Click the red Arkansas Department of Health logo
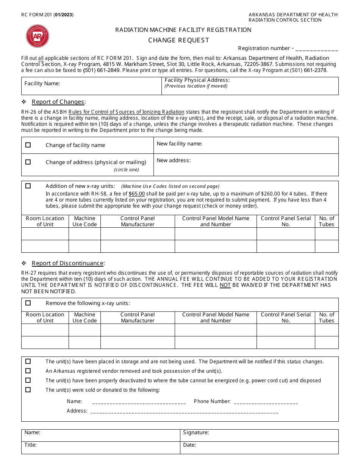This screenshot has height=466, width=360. pos(38,36)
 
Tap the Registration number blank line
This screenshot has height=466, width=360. pos(316,49)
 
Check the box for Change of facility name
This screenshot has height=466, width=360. pos(28,145)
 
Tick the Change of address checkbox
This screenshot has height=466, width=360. pos(28,162)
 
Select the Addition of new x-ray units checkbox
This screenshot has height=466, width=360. pos(28,186)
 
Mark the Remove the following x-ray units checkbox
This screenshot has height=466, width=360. pos(28,303)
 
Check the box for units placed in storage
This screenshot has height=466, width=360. pos(28,361)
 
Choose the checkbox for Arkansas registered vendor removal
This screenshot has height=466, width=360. pos(28,371)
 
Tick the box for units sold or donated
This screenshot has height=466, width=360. pos(28,390)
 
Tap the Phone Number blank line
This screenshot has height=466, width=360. pos(266,402)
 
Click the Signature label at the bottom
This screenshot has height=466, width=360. pos(196,433)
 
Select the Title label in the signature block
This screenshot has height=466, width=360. pos(31,445)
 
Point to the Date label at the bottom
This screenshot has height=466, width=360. pos(189,445)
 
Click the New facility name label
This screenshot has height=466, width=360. pos(180,144)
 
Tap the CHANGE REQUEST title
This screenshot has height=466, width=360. pos(178,40)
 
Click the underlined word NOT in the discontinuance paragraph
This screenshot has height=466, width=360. pos(225,285)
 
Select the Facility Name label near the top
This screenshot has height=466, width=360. pos(42,83)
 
